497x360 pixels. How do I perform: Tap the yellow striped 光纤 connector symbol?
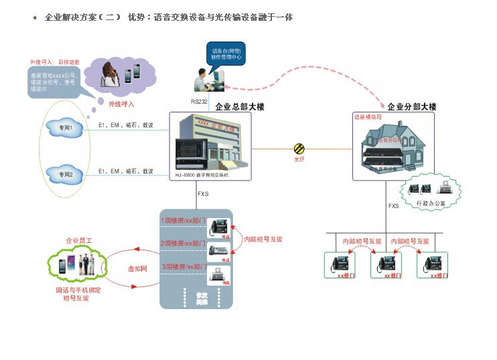point(299,149)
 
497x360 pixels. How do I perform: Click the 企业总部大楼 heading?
point(239,106)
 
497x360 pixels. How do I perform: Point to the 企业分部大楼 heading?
point(411,106)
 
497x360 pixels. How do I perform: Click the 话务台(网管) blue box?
point(226,54)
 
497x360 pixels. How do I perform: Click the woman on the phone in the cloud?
point(108,72)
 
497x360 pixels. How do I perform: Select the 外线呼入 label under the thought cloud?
point(121,104)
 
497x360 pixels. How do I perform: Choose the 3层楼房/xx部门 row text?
point(182,267)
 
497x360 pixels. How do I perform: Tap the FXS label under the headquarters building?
point(203,195)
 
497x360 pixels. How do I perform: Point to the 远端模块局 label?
point(368,116)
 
